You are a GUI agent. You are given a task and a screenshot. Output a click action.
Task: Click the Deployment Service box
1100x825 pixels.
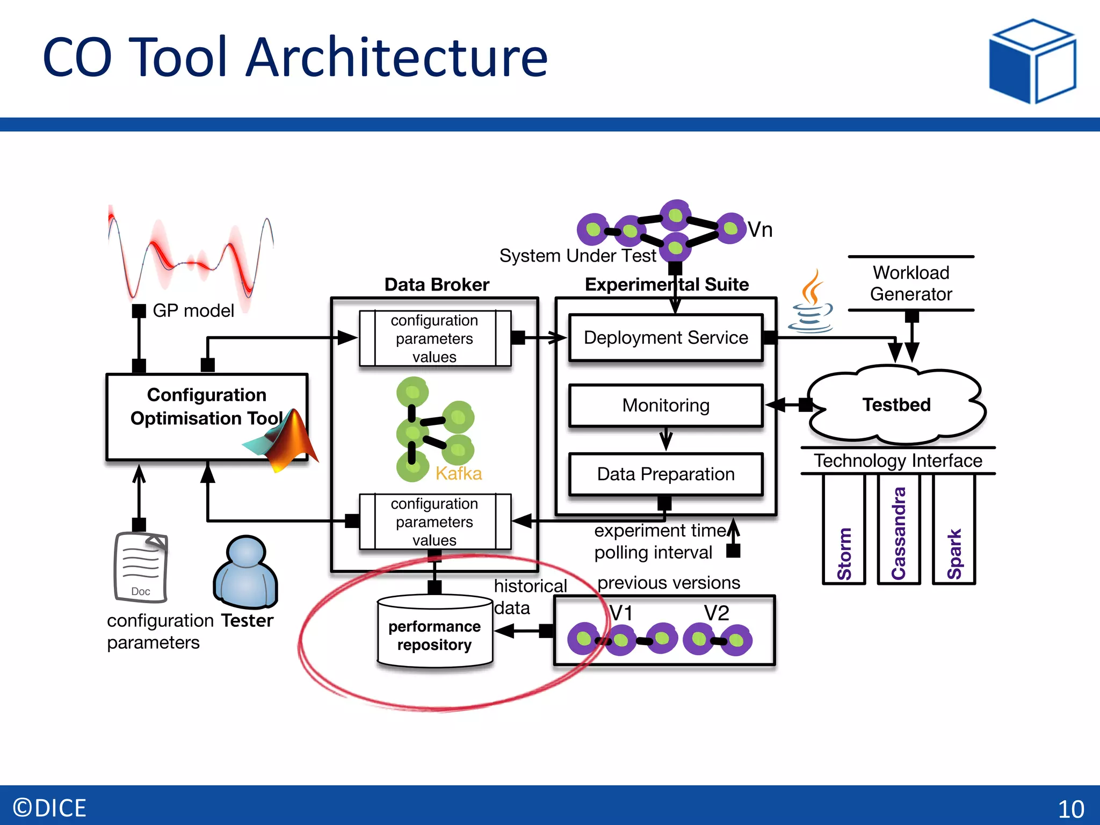coord(665,338)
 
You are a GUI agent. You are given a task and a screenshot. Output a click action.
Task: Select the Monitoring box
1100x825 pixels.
coord(665,406)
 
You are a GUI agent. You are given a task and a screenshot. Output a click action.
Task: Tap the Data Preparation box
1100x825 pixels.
coord(665,474)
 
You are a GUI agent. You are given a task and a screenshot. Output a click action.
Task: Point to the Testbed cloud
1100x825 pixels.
coord(896,405)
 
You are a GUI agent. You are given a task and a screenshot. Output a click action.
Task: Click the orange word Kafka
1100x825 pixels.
coord(458,474)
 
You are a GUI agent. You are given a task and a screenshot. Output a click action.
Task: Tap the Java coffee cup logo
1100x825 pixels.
coord(812,303)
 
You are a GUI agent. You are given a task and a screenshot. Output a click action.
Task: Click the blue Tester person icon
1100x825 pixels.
coord(246,573)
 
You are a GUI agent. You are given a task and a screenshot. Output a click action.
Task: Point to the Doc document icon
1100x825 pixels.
coord(141,567)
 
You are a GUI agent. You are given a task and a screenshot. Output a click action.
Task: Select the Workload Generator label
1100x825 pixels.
coord(911,284)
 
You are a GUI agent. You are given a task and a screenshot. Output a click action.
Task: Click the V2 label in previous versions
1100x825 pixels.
coord(717,613)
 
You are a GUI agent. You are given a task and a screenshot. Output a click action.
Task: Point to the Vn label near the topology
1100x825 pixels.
coord(760,230)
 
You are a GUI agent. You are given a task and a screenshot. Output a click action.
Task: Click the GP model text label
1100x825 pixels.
coord(193,311)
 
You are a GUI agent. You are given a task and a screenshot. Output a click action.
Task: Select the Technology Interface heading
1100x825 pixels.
coord(898,461)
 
